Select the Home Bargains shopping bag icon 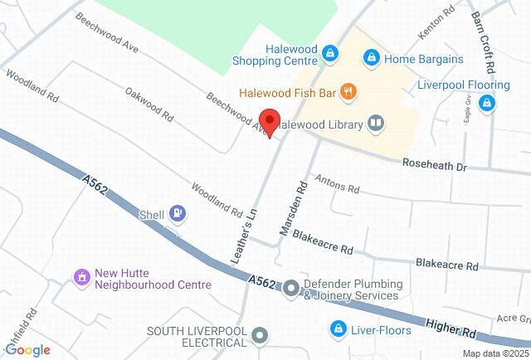[371, 57]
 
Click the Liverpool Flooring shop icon [487, 103]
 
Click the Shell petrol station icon [177, 214]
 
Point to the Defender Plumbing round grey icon [291, 289]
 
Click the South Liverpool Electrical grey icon [260, 336]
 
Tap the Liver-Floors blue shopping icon [338, 329]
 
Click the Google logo [27, 350]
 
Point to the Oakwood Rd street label [149, 103]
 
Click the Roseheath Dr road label [435, 166]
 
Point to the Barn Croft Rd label [484, 40]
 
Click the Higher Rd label [451, 327]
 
